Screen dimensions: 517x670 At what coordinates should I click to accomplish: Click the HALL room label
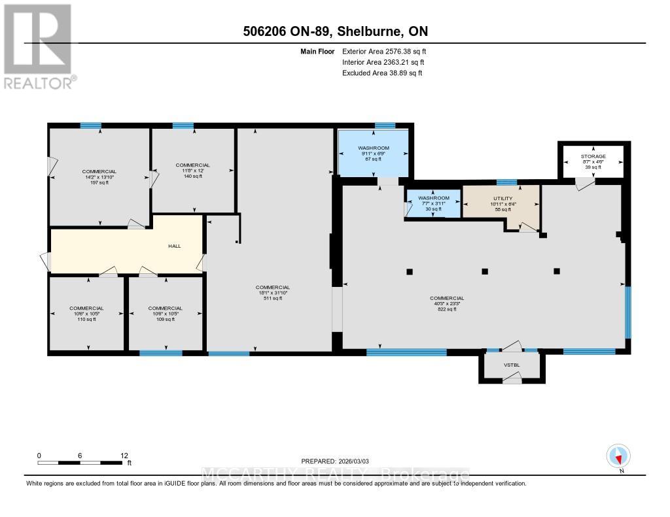point(173,246)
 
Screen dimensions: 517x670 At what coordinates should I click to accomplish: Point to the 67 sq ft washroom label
point(373,154)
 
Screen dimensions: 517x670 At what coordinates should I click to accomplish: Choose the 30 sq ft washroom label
point(434,203)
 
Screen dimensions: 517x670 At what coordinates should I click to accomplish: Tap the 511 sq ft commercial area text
point(273,293)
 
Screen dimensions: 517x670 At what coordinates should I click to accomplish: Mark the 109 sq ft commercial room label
point(165,314)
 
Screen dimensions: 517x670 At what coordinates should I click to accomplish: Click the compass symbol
point(619,456)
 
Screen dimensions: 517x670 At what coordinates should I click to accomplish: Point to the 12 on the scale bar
point(124,455)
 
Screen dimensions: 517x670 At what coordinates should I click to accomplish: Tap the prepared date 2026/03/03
point(336,461)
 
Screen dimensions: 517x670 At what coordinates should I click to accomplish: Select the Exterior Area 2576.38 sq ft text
point(385,51)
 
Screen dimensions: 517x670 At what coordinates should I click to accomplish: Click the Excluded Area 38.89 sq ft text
point(382,73)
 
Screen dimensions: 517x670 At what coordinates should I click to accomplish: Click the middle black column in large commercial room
point(485,271)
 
